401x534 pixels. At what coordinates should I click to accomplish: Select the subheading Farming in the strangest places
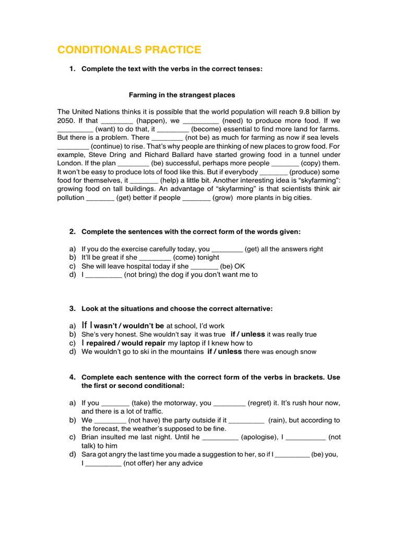coord(182,95)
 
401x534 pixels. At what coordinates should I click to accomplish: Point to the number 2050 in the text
coord(67,120)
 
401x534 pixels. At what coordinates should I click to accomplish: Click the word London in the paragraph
coord(70,163)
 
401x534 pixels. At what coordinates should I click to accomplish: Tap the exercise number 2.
coord(73,232)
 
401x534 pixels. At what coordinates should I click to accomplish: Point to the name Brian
coord(91,437)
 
